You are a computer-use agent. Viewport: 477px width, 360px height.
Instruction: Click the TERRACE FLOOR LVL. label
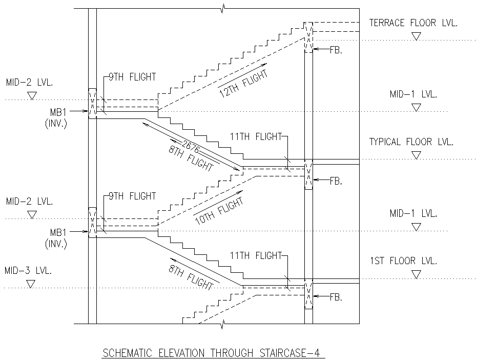click(x=413, y=23)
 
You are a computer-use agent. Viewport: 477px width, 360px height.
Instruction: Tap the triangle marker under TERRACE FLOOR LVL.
click(x=417, y=36)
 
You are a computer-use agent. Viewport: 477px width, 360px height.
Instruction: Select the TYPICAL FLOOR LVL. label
click(x=411, y=142)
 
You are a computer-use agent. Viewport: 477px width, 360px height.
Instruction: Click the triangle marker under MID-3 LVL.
click(x=31, y=284)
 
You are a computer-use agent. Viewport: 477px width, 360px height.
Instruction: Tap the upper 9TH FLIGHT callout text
click(x=132, y=77)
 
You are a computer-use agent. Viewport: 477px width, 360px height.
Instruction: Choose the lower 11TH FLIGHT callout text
click(x=255, y=255)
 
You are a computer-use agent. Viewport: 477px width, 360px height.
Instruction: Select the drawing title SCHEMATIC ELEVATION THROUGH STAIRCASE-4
click(x=214, y=353)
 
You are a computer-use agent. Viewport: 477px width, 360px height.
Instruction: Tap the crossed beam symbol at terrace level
click(x=308, y=37)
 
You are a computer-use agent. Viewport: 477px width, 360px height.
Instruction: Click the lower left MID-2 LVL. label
click(x=29, y=201)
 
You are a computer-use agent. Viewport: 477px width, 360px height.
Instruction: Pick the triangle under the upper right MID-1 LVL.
click(x=417, y=107)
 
